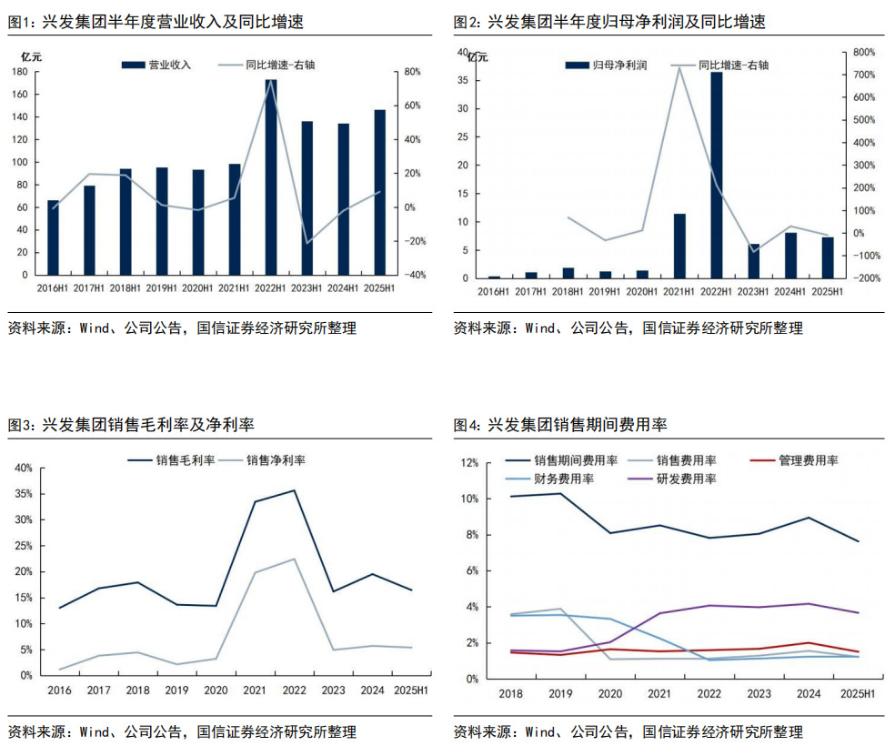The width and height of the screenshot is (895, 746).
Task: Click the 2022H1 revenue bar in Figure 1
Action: click(271, 177)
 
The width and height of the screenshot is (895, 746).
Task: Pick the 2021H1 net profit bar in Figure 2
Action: click(679, 246)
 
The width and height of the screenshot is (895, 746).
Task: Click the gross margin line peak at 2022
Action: click(293, 490)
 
